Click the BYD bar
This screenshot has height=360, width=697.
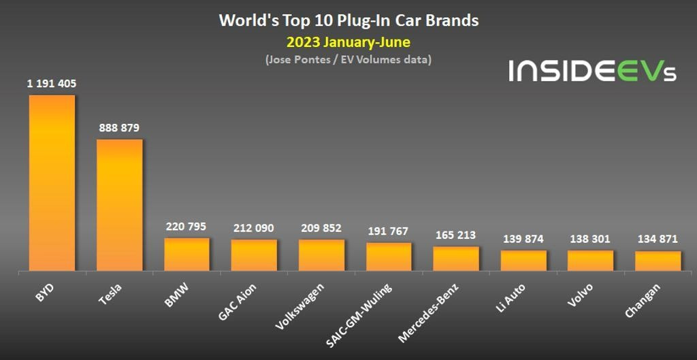52,182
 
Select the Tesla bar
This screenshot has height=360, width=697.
119,205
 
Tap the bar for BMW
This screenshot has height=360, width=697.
187,255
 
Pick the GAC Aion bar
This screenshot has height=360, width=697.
254,255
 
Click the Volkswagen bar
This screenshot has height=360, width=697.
321,255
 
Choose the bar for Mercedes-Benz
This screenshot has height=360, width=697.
456,259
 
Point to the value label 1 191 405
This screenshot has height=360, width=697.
52,84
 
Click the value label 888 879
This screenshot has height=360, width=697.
119,128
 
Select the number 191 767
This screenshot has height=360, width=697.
389,231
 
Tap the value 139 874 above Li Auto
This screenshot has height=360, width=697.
523,239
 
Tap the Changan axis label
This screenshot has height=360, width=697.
643,300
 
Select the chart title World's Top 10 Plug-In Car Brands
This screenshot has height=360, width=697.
348,20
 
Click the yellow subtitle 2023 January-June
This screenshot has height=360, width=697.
348,42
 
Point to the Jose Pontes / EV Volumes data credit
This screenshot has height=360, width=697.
348,60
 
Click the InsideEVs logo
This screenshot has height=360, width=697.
592,71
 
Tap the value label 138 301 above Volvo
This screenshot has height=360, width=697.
591,239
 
